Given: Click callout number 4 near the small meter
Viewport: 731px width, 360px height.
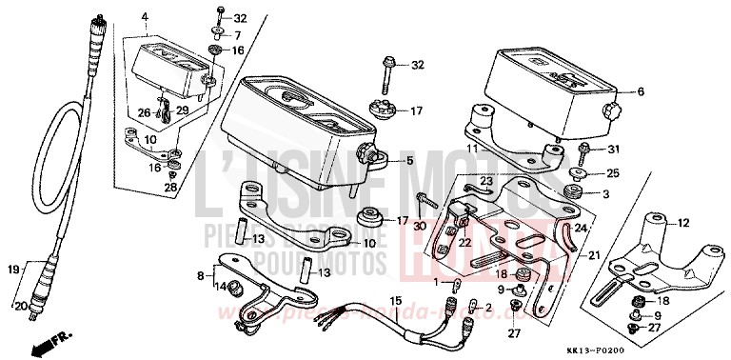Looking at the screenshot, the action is tap(145, 17).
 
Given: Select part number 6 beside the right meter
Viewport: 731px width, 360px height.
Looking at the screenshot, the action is tap(640, 91).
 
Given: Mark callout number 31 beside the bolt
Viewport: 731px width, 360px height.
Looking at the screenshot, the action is tap(613, 149).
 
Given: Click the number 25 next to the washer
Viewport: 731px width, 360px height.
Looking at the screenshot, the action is tap(613, 172).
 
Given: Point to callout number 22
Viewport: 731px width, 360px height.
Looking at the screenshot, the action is tap(465, 243).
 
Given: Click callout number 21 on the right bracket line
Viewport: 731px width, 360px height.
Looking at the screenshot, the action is tap(594, 256).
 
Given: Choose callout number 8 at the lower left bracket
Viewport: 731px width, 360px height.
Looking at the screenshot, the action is tap(198, 276).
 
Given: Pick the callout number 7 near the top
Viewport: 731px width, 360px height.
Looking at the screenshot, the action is tap(238, 34).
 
